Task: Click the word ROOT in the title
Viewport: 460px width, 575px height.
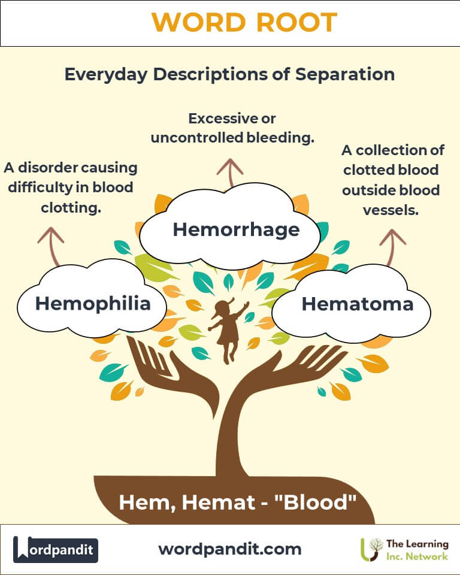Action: pyautogui.click(x=296, y=22)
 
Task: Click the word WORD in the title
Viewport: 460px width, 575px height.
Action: pyautogui.click(x=198, y=22)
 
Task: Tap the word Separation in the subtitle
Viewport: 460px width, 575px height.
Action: pyautogui.click(x=345, y=74)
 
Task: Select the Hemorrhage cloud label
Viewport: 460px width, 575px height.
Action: pyautogui.click(x=236, y=230)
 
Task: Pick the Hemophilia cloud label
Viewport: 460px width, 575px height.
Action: pyautogui.click(x=93, y=304)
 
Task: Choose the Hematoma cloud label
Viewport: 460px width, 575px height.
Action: pyautogui.click(x=358, y=304)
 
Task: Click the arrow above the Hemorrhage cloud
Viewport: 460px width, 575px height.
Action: pyautogui.click(x=230, y=172)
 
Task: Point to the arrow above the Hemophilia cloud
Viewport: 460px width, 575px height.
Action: pyautogui.click(x=52, y=246)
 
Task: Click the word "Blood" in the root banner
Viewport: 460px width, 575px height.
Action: pyautogui.click(x=316, y=502)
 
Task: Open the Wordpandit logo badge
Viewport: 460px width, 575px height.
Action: pyautogui.click(x=56, y=549)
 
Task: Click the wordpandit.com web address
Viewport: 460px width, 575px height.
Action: pyautogui.click(x=230, y=549)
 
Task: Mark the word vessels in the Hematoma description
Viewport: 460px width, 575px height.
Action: pyautogui.click(x=391, y=210)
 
